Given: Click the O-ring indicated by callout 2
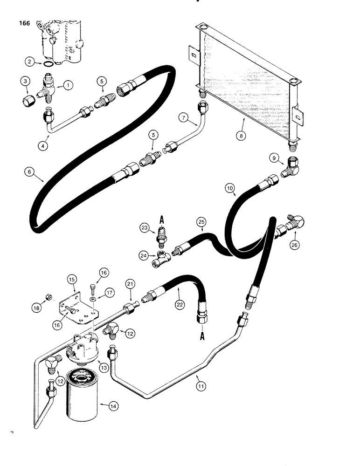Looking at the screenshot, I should (47, 62).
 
